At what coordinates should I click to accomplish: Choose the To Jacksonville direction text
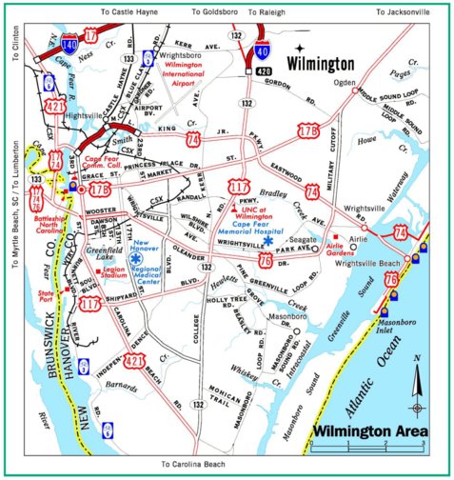tap(408, 12)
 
